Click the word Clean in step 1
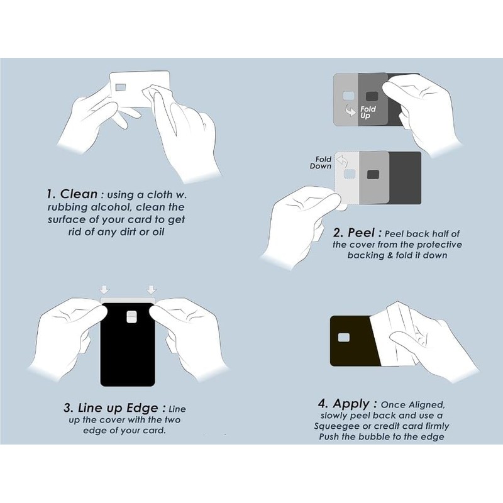tap(79, 194)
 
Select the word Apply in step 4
tap(351, 404)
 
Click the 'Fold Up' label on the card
tap(368, 113)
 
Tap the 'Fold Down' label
tap(321, 163)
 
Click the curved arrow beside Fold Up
tap(350, 111)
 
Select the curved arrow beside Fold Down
tap(342, 160)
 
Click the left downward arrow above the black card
tap(104, 290)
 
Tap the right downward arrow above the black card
tap(152, 290)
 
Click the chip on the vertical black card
tap(131, 316)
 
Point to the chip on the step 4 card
tap(344, 338)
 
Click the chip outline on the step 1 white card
tap(121, 87)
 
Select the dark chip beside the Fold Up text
tap(372, 96)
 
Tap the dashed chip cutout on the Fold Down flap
tap(350, 174)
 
